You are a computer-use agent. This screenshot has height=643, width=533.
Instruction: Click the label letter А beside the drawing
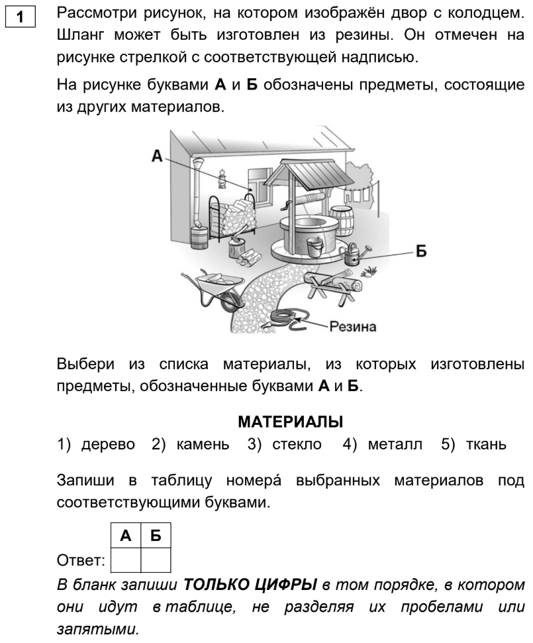point(157,156)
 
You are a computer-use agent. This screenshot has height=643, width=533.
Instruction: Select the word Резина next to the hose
point(354,327)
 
